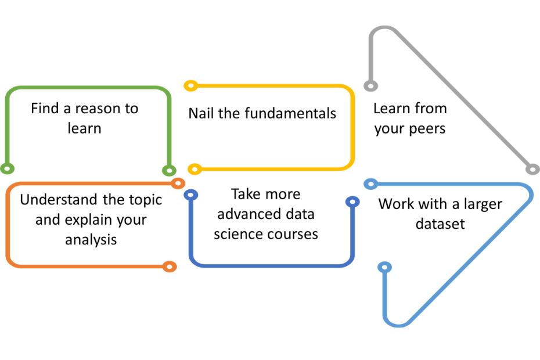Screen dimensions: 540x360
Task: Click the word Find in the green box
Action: pos(45,108)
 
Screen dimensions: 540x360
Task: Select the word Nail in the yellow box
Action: pos(201,113)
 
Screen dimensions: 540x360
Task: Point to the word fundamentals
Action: pos(290,113)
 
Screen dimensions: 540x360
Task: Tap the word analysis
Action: pos(91,240)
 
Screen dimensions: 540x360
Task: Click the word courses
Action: pos(293,235)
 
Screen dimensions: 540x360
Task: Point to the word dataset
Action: pos(440,224)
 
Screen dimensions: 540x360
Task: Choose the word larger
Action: pos(483,204)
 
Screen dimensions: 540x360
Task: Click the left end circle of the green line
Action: pos(7,169)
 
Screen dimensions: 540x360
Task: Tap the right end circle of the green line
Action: pos(169,170)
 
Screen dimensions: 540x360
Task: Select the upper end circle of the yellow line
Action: pos(191,85)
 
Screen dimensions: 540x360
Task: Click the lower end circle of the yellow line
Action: pos(195,169)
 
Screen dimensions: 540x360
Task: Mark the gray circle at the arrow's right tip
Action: pos(533,169)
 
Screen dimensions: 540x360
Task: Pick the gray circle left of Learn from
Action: pos(371,86)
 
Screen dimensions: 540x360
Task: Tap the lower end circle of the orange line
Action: pos(170,267)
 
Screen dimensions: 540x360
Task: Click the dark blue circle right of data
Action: pos(352,202)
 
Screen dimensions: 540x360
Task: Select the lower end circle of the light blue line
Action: pos(385,267)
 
